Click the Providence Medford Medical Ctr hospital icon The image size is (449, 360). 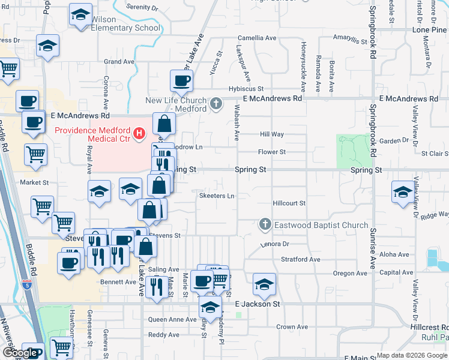click(x=139, y=131)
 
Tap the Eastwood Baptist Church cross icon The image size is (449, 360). click(x=265, y=225)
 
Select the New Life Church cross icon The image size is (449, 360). click(x=217, y=104)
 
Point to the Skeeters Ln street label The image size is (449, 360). click(x=217, y=196)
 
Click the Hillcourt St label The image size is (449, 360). click(x=289, y=203)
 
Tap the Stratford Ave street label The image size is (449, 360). click(x=301, y=260)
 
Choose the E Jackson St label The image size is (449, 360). click(x=258, y=304)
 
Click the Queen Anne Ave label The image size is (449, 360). click(x=172, y=320)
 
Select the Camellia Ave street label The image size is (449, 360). click(x=257, y=38)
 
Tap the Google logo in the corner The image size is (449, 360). click(x=20, y=353)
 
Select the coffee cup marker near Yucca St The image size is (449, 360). click(x=181, y=80)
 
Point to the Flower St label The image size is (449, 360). click(x=271, y=152)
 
